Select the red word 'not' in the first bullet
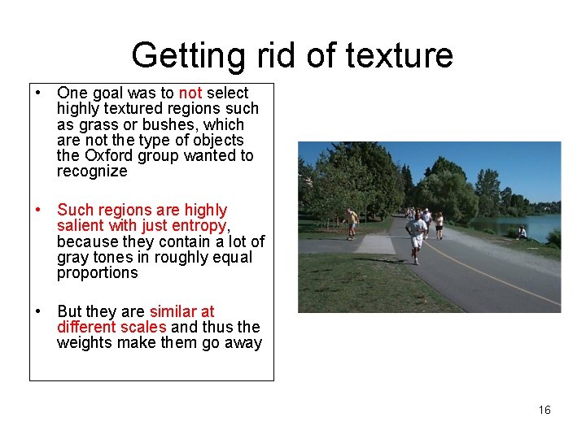pos(190,93)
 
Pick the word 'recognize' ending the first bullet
pos(92,172)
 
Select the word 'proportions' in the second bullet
pos(97,273)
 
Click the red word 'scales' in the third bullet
pos(145,328)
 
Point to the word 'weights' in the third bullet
pos(84,343)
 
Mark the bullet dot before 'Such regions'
pos(37,211)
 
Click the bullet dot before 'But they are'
pos(37,312)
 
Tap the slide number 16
pos(544,410)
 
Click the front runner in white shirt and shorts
pos(418,237)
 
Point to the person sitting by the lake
pos(522,233)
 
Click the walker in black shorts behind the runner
pos(439,225)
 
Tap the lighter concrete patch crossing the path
pos(376,244)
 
